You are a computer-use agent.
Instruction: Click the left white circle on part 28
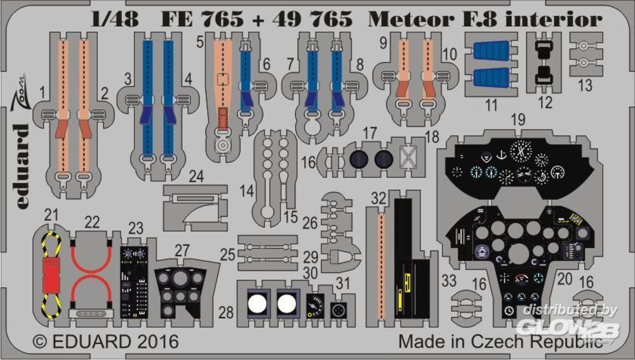[256, 302]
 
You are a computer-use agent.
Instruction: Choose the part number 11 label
[491, 105]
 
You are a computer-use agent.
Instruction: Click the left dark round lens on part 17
[358, 159]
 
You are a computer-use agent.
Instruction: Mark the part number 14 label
[247, 190]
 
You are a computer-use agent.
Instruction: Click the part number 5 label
[199, 42]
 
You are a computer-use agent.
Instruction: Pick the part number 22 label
[93, 222]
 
